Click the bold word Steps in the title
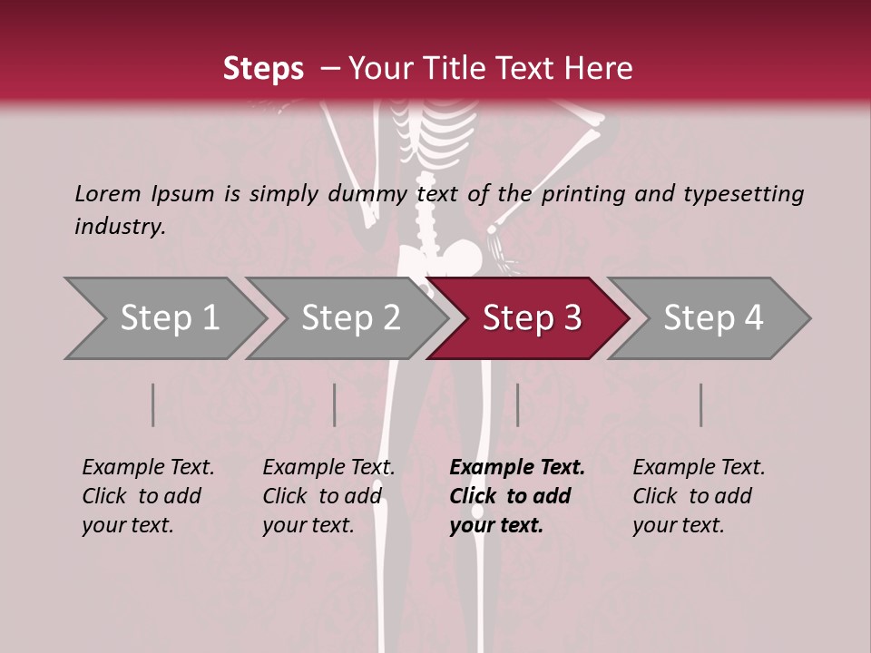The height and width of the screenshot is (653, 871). pyautogui.click(x=263, y=69)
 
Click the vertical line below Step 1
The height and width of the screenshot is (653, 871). pyautogui.click(x=152, y=404)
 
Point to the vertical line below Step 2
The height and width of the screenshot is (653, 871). pyautogui.click(x=335, y=404)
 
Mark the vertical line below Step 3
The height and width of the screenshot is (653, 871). pyautogui.click(x=517, y=404)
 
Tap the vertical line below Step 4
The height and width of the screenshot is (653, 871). pyautogui.click(x=700, y=404)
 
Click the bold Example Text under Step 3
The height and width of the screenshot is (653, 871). pyautogui.click(x=517, y=467)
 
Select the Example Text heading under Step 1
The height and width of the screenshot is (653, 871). pyautogui.click(x=148, y=467)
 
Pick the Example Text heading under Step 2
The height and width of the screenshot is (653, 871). pyautogui.click(x=328, y=467)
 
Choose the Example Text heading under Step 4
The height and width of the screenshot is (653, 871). pyautogui.click(x=699, y=467)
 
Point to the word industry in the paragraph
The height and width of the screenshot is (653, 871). pyautogui.click(x=120, y=226)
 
